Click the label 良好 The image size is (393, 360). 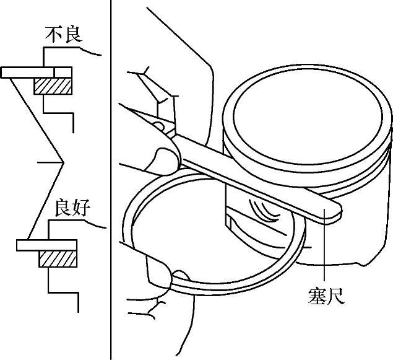point(72,208)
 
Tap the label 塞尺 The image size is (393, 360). point(326,296)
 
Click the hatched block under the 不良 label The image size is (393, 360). point(53,86)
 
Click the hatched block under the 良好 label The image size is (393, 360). point(58,259)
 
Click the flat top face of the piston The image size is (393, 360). point(308,117)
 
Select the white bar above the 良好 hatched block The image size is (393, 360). point(46,245)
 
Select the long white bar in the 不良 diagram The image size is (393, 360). point(27,72)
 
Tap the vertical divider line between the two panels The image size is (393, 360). point(111,180)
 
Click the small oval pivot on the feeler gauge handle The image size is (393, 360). point(158,125)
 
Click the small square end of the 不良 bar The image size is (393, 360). point(63,72)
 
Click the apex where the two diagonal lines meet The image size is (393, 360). point(63,162)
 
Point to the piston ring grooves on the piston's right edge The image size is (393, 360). point(389,160)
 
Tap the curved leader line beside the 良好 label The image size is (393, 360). point(95,224)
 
